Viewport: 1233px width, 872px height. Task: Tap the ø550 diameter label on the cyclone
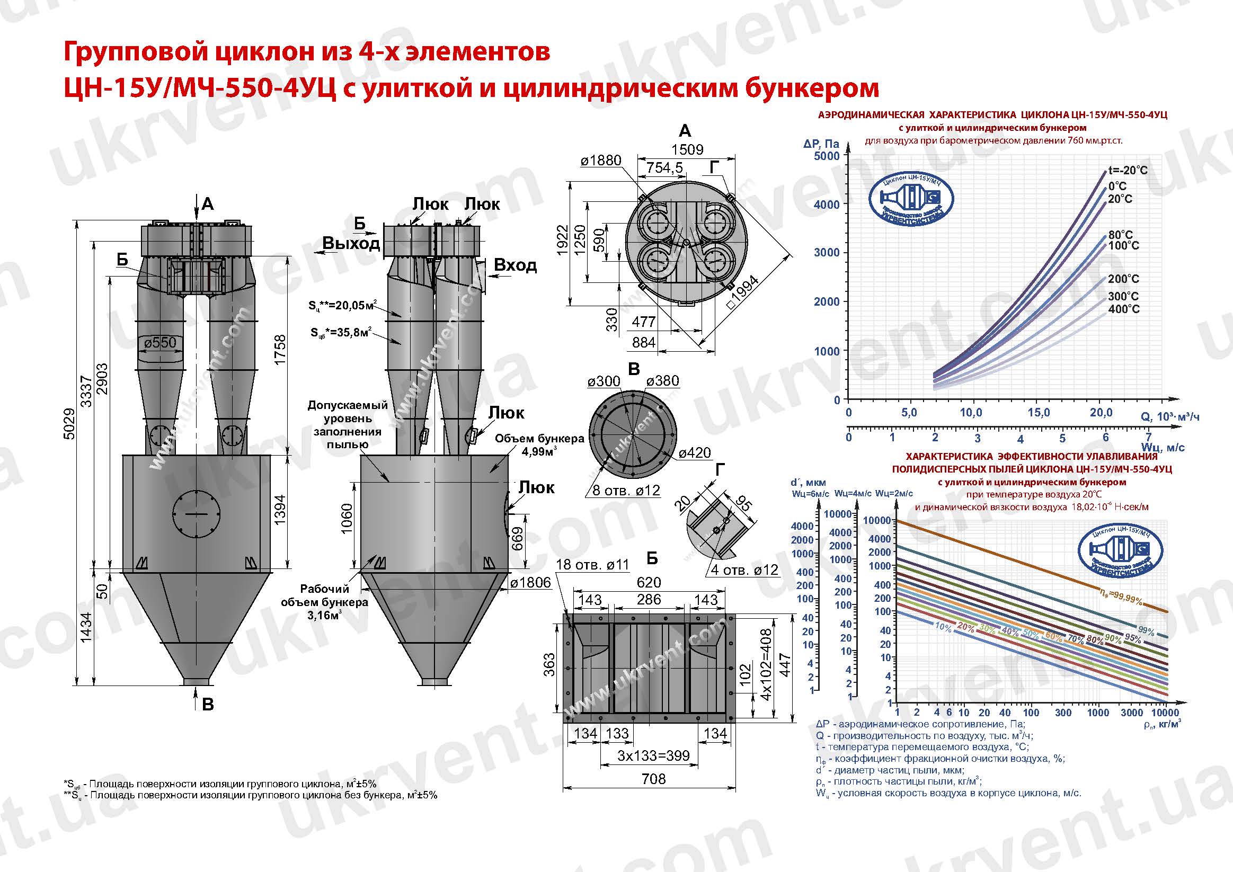(x=160, y=343)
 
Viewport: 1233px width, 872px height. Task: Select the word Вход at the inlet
(x=515, y=265)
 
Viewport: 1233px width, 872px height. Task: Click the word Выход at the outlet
(x=351, y=243)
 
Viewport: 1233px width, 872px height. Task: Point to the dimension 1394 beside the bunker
(x=280, y=509)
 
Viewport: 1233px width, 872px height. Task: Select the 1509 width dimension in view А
(x=687, y=149)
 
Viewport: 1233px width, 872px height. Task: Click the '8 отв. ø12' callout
(x=626, y=490)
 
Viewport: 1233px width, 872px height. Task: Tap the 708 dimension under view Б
(x=653, y=779)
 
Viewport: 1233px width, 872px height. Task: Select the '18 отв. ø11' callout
(x=592, y=564)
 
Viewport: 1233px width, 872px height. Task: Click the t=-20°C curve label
(x=1127, y=170)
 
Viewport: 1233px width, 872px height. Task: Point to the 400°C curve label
(x=1123, y=309)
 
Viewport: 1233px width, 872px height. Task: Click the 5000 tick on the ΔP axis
(x=826, y=156)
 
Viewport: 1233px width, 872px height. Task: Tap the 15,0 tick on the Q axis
(x=1039, y=412)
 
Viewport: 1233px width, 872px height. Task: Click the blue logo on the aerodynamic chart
(x=911, y=200)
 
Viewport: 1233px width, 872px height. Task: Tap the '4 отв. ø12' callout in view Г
(x=744, y=570)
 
